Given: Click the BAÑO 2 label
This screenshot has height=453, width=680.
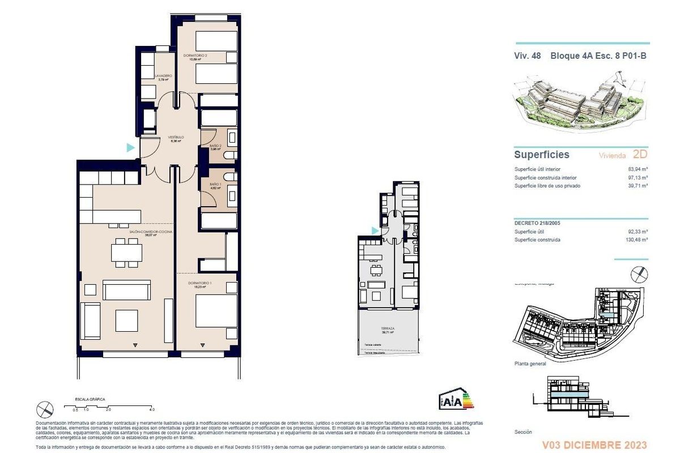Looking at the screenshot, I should pyautogui.click(x=215, y=146).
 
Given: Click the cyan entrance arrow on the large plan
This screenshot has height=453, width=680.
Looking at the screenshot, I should pyautogui.click(x=130, y=148).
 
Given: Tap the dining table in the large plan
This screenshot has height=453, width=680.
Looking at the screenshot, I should pyautogui.click(x=126, y=253).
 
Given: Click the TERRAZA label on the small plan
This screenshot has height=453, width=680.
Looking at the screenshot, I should pyautogui.click(x=388, y=328).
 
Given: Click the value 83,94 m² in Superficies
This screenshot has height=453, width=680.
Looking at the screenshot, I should pyautogui.click(x=638, y=169).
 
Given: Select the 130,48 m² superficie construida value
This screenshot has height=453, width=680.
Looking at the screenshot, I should pyautogui.click(x=636, y=240).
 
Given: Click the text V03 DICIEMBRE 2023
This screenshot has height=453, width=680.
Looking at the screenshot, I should pyautogui.click(x=594, y=445).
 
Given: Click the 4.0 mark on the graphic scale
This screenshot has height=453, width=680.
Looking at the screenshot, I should pyautogui.click(x=151, y=408).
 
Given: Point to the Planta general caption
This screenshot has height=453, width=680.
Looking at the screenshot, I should pyautogui.click(x=530, y=364).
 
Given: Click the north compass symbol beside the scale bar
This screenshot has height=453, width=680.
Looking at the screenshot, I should pyautogui.click(x=45, y=408).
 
